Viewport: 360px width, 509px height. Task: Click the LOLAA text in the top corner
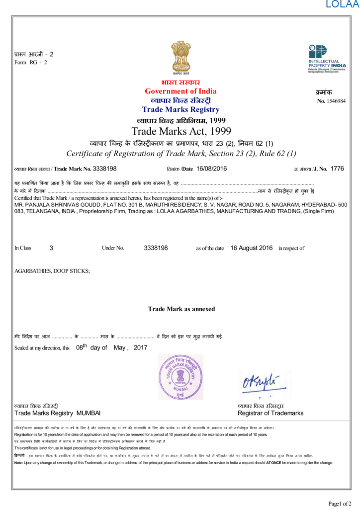pos(342,5)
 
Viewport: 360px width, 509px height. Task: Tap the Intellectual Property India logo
pos(327,59)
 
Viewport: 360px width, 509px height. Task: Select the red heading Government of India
pos(180,91)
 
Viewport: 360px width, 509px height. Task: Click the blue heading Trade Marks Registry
pos(180,109)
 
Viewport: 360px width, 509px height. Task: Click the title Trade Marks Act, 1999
pos(181,131)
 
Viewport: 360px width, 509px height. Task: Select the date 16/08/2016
pos(212,169)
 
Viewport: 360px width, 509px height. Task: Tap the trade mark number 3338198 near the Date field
pos(105,169)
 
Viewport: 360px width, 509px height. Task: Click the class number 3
pos(51,248)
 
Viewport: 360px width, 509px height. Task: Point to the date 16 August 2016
pos(252,248)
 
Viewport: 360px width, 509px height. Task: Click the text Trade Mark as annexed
pos(181,309)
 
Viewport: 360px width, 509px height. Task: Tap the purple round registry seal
pos(181,377)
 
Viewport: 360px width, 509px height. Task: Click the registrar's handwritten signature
pos(260,384)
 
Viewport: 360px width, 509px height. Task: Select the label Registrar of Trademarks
pos(270,413)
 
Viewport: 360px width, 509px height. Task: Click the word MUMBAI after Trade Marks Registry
pos(89,413)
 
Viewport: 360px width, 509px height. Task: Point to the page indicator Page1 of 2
pos(340,504)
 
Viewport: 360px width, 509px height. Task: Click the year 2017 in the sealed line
pos(141,348)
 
